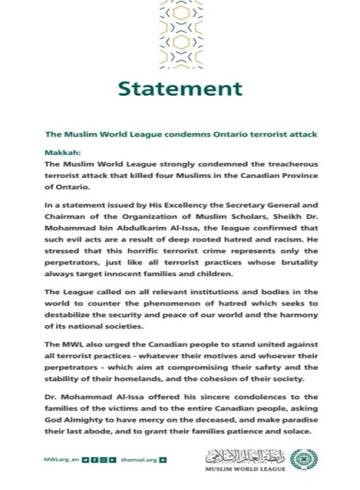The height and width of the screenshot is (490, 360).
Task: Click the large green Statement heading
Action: pyautogui.click(x=180, y=89)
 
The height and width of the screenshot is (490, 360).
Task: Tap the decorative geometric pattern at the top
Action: pyautogui.click(x=180, y=34)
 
